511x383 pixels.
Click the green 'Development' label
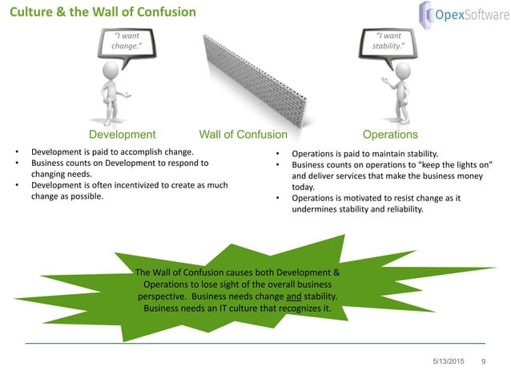point(122,135)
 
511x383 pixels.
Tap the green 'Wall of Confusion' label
point(243,135)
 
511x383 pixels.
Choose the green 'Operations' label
point(390,135)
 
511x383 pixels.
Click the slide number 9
point(483,363)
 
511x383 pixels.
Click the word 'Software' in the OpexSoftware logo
point(479,14)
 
